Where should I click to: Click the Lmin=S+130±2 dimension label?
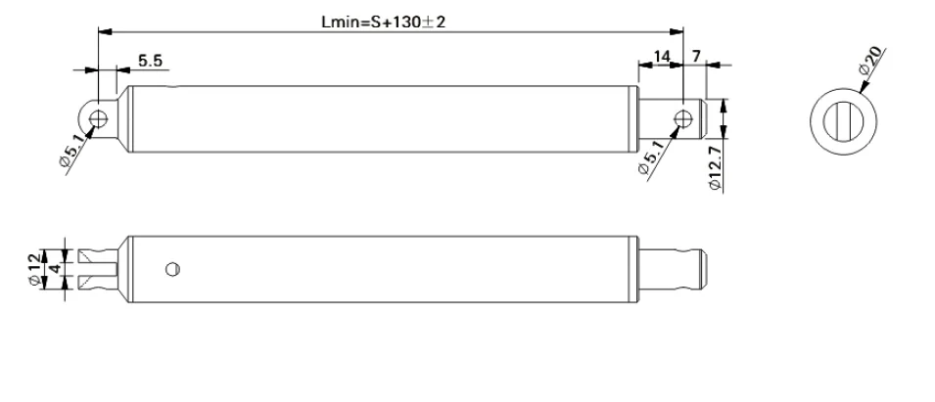[x=383, y=22]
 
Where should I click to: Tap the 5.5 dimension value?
[x=150, y=61]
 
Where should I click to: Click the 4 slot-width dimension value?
[x=56, y=266]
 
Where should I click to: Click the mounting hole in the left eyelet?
[x=97, y=119]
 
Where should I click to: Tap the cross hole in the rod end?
[x=682, y=119]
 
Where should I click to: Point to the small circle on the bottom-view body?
[x=172, y=267]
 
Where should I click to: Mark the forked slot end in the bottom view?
[x=97, y=266]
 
